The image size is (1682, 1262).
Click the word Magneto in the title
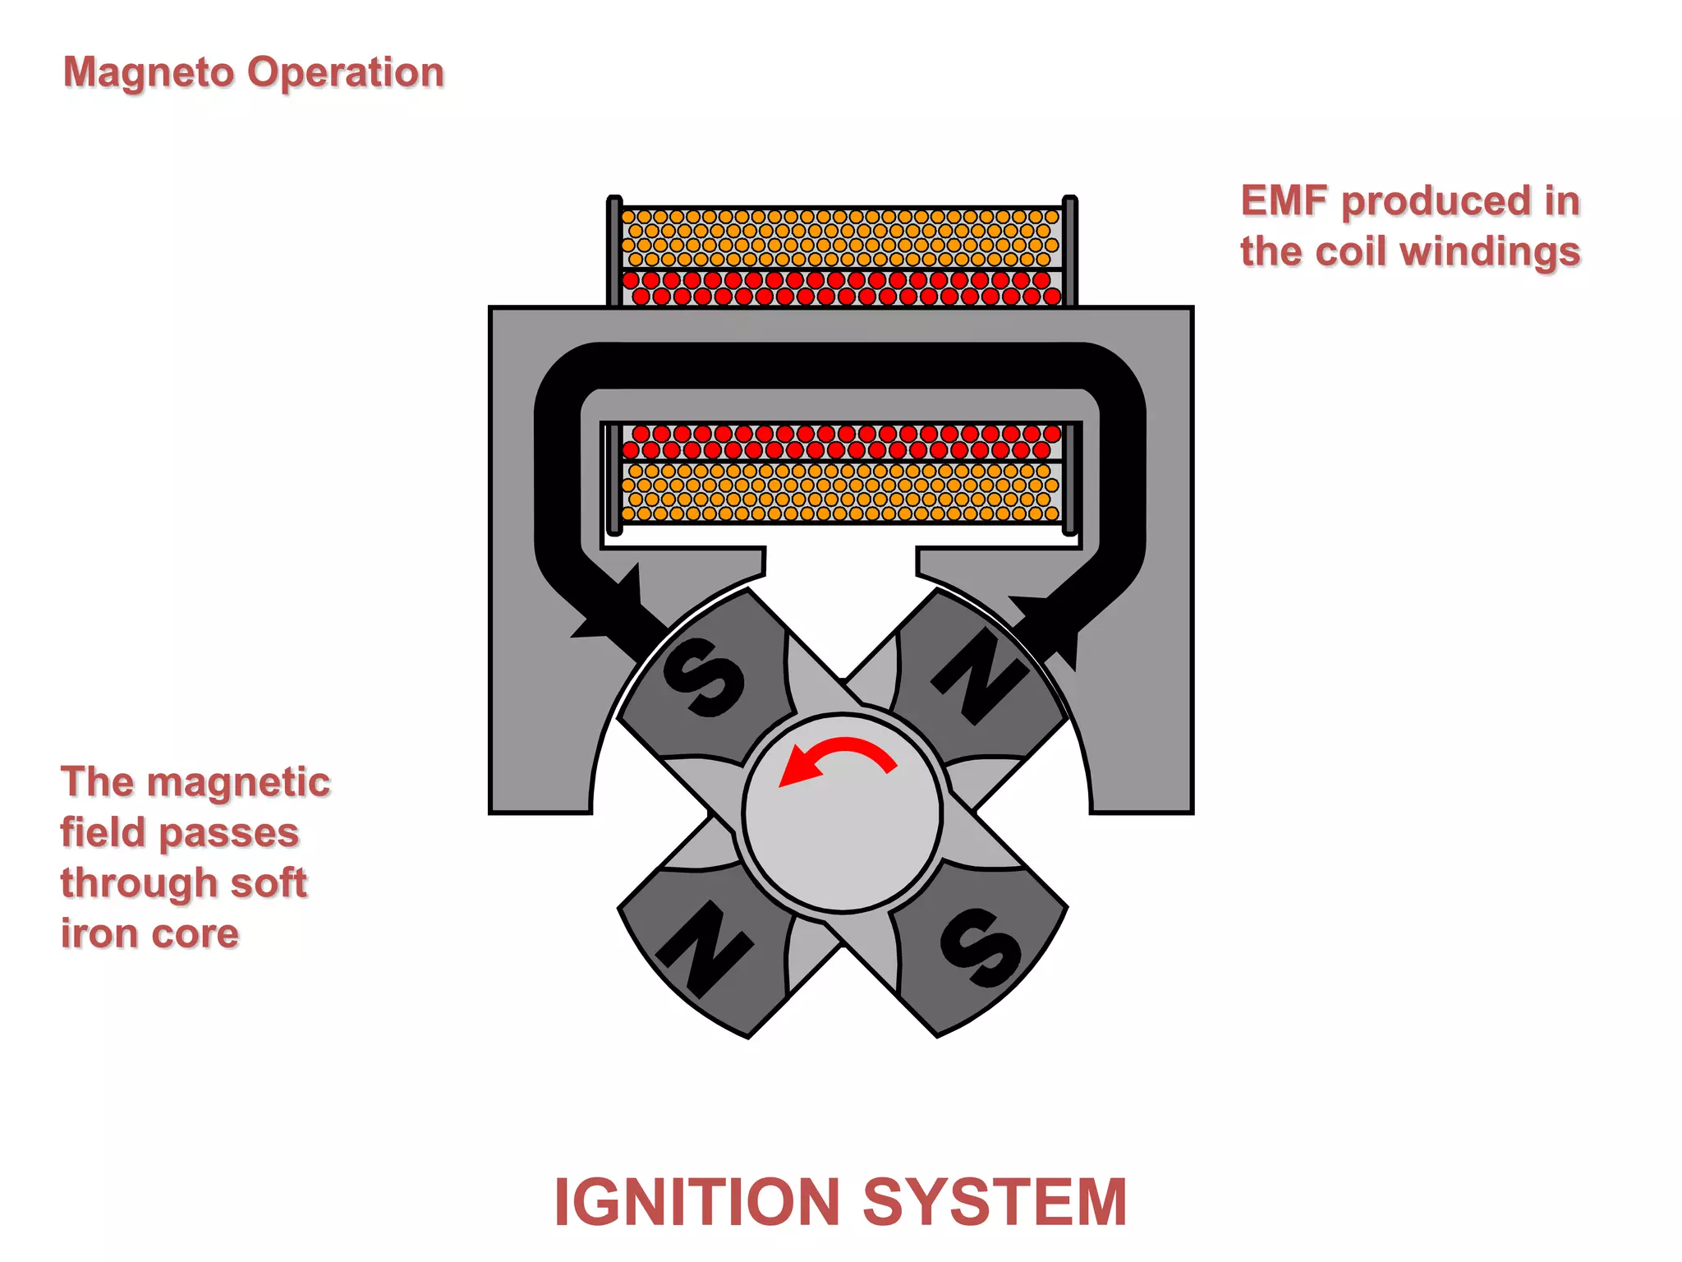[x=149, y=74]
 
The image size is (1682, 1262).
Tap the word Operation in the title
[x=346, y=74]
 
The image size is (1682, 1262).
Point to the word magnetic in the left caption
[x=241, y=782]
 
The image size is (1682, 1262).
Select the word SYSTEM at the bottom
[x=995, y=1203]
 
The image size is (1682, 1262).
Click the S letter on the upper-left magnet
[x=703, y=678]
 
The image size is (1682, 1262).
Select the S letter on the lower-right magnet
[x=981, y=948]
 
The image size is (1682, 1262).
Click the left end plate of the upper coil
[x=614, y=251]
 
